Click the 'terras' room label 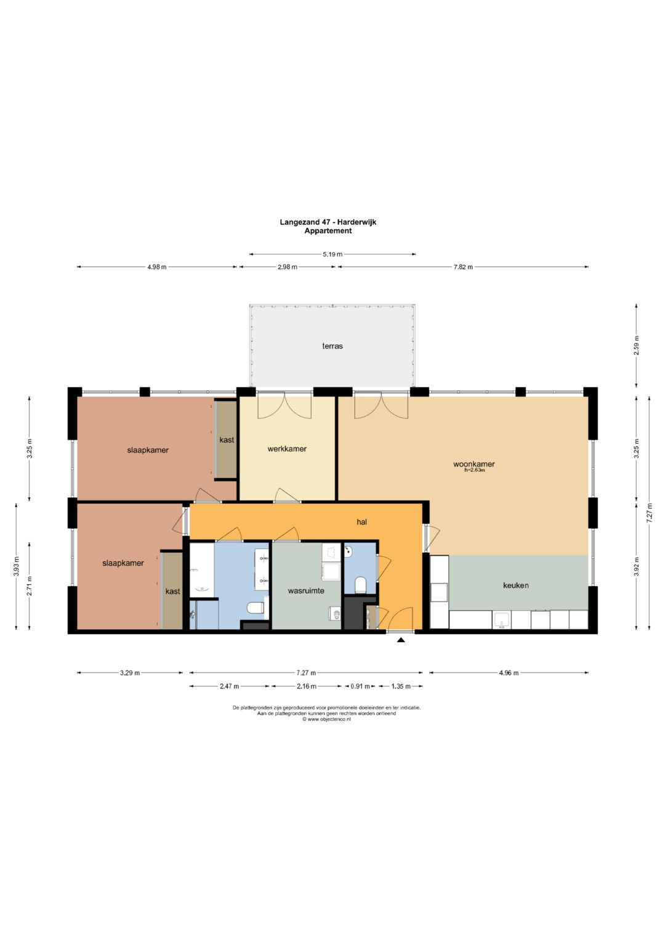coord(332,346)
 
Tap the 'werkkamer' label coord(287,449)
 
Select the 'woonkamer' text coord(474,464)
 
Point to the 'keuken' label coord(516,585)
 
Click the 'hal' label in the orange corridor coord(362,522)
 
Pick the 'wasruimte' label coord(306,590)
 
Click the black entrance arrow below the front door coord(401,640)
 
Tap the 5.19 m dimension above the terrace coord(332,254)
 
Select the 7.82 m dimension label coord(463,267)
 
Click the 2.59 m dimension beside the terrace coord(637,345)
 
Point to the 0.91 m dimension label coord(360,686)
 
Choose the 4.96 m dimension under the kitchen coord(509,673)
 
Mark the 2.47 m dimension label coord(229,686)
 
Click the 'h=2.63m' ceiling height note coord(474,471)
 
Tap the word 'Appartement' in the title coord(328,230)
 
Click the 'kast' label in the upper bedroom coord(227,440)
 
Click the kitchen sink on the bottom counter coord(501,620)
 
